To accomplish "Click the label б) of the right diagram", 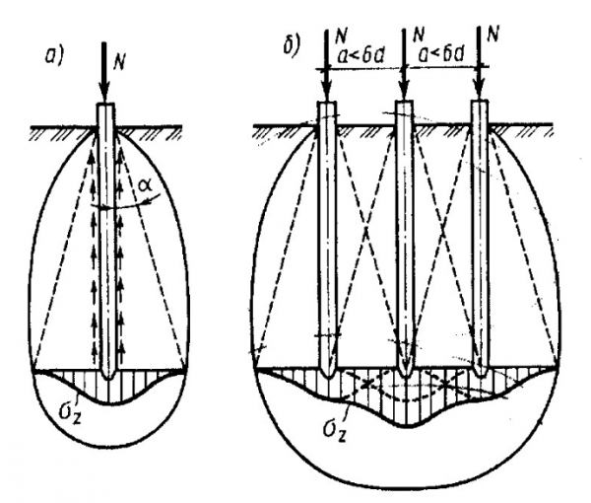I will coord(292,46).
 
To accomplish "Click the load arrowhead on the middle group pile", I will coord(403,89).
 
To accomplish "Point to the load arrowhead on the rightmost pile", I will coord(480,89).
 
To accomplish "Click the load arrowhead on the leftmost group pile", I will coord(325,89).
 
